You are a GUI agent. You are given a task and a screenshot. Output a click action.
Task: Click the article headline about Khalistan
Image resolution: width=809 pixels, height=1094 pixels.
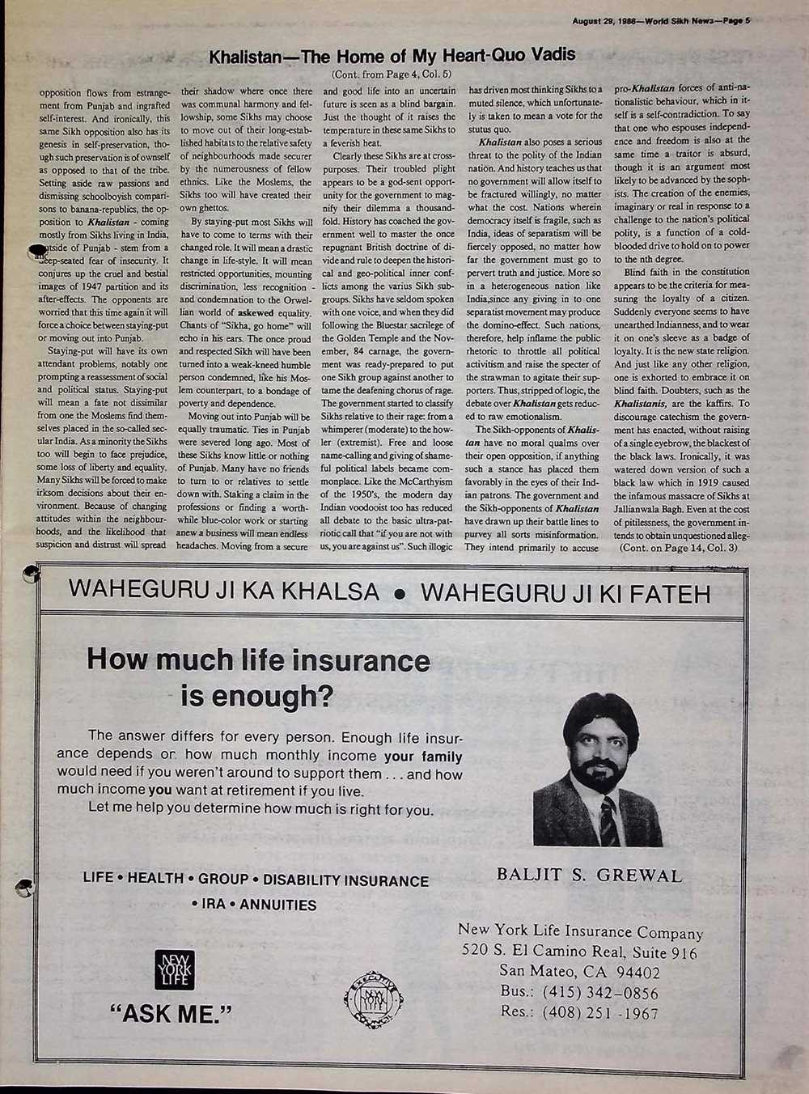click(x=392, y=56)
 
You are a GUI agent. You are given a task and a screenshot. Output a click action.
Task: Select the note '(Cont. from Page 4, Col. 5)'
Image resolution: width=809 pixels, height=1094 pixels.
click(x=392, y=74)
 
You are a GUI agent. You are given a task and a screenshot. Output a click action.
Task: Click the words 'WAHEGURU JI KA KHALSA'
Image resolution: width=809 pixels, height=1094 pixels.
click(x=224, y=592)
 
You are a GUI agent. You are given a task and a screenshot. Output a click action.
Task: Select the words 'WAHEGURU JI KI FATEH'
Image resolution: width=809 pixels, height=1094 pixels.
click(x=565, y=594)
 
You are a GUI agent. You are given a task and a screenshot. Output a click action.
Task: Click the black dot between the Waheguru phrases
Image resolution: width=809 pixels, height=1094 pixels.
click(x=398, y=595)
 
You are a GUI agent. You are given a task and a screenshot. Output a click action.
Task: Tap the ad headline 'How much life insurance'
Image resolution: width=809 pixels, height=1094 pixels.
click(x=259, y=660)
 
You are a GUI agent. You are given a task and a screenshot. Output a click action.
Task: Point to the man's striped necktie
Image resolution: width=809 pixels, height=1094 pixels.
click(x=607, y=819)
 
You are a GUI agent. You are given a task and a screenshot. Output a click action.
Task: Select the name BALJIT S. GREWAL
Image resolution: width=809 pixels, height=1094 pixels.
click(x=589, y=876)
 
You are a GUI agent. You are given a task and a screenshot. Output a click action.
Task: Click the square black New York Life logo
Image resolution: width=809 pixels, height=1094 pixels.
click(x=169, y=970)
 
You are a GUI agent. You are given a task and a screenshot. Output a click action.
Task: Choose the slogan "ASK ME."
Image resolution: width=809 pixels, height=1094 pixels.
click(x=170, y=1013)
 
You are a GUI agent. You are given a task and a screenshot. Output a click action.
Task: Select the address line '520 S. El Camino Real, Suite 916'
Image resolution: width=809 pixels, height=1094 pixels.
click(x=579, y=952)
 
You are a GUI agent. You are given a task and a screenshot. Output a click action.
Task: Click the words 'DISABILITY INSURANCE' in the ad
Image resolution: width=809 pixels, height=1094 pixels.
click(x=346, y=880)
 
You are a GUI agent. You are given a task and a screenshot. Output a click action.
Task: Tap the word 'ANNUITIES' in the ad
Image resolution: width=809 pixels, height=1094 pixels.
click(x=278, y=905)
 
